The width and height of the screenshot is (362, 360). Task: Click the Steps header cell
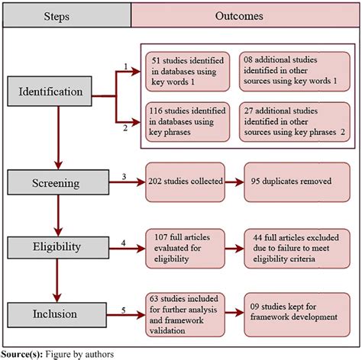point(67,15)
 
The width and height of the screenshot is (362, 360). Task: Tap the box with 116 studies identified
point(186,121)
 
